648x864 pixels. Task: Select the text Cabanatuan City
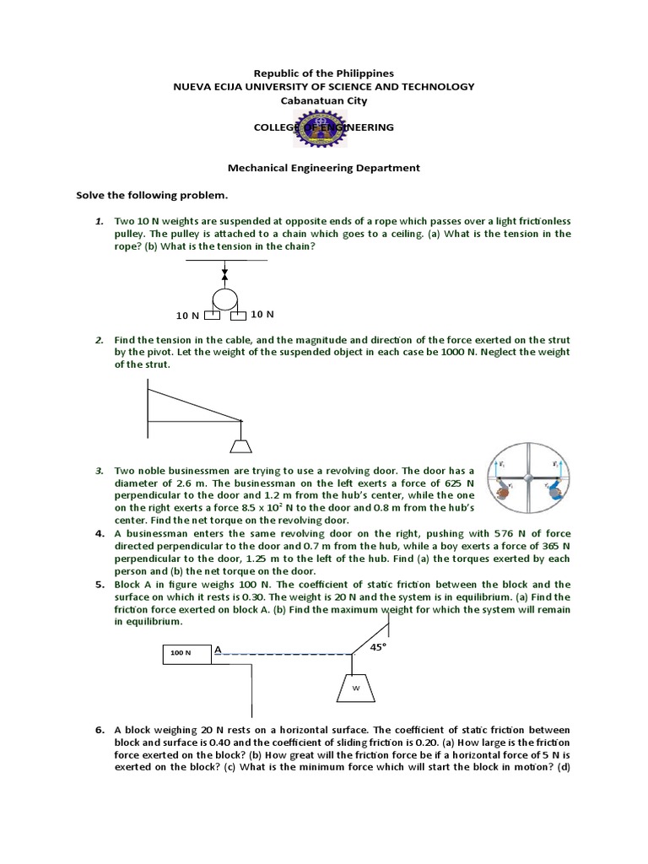tap(324, 100)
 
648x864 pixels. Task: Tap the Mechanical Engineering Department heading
tap(324, 168)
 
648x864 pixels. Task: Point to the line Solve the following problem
tap(152, 196)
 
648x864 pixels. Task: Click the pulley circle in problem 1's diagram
tap(225, 299)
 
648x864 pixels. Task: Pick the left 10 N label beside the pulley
tap(187, 316)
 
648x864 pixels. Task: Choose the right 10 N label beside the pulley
tap(262, 315)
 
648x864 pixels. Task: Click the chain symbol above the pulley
tap(224, 274)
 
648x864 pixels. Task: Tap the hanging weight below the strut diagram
tap(241, 445)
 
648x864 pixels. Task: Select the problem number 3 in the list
tap(99, 470)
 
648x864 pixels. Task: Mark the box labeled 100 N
tap(186, 653)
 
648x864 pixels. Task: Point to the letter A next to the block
tap(218, 649)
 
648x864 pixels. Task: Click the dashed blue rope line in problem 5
tap(283, 654)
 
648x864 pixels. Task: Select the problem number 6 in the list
tap(100, 729)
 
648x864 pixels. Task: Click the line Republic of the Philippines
tap(324, 73)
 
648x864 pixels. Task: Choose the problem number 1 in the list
tap(99, 221)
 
